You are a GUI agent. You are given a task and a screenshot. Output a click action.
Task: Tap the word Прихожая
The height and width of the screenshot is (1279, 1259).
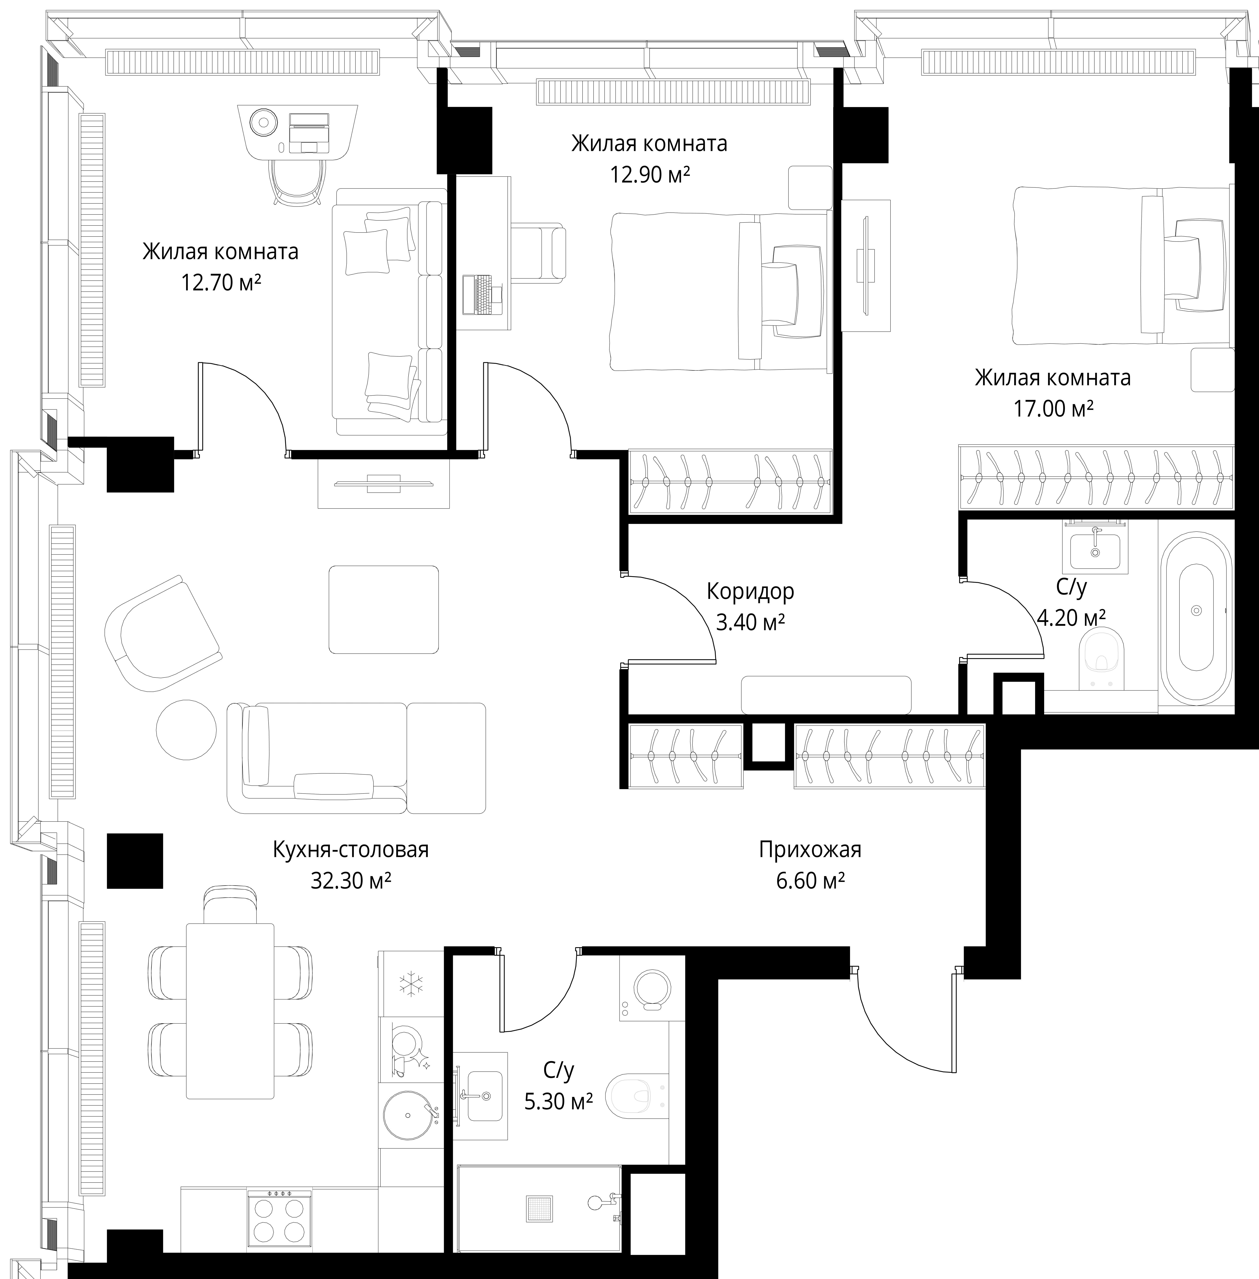tap(810, 849)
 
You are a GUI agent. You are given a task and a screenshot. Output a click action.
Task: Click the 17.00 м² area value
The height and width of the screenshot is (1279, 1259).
tap(1053, 409)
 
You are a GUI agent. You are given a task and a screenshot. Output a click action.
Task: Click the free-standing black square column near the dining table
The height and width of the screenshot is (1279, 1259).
tap(135, 860)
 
